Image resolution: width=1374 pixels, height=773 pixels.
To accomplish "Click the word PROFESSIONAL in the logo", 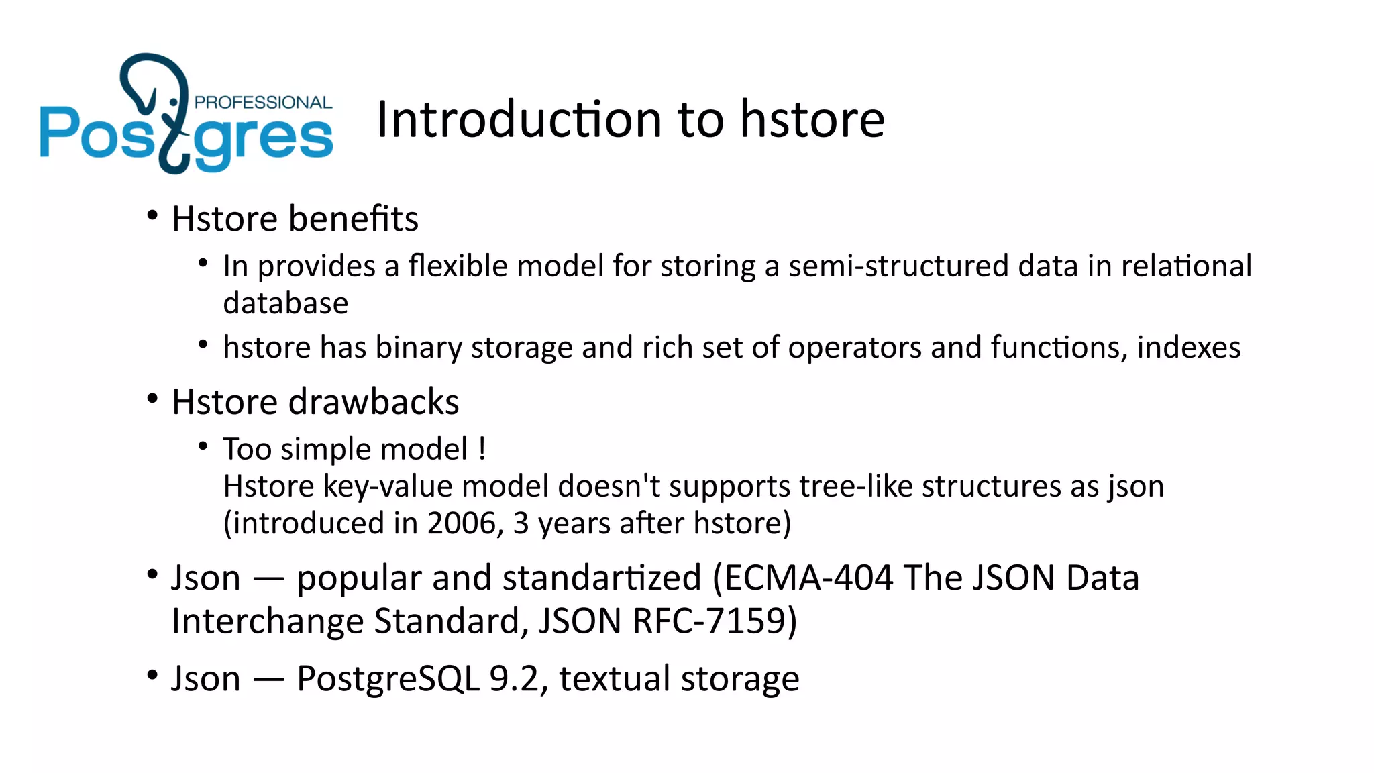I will [x=263, y=102].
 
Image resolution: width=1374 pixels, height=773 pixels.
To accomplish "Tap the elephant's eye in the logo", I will [x=174, y=102].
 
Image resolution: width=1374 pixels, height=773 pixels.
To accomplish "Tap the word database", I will [x=286, y=303].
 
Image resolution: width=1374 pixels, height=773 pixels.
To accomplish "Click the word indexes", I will [x=1188, y=348].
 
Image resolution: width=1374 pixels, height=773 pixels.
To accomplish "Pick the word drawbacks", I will [x=374, y=403].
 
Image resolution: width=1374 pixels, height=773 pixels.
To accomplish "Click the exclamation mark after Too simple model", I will [x=482, y=449].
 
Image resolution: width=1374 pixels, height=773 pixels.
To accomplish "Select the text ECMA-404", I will [x=808, y=578].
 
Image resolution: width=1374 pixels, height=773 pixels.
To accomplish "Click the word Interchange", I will [x=268, y=621].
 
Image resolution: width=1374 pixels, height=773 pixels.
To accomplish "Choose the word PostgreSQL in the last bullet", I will [x=388, y=679].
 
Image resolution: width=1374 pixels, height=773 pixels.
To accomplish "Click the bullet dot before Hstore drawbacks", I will [x=152, y=399].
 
